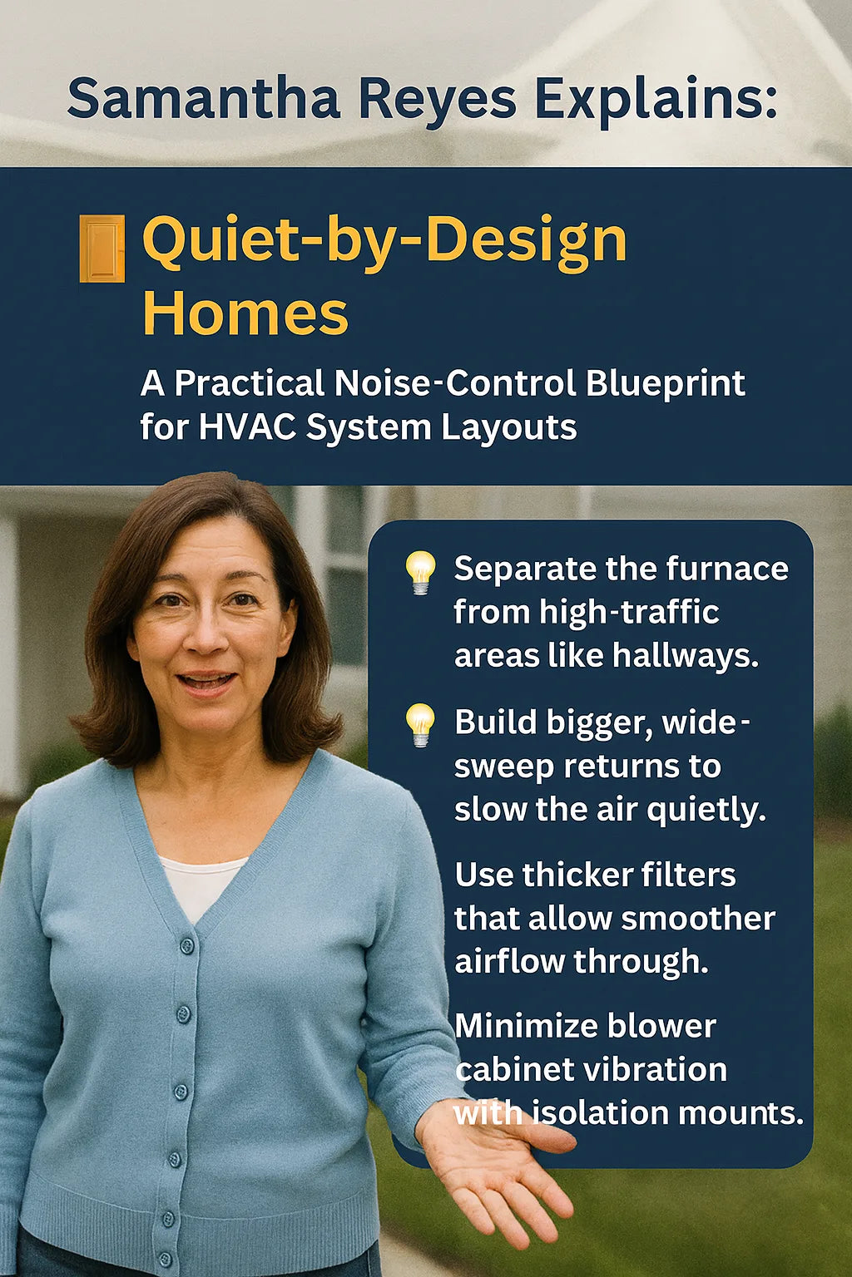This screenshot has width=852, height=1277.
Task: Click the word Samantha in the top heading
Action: [204, 98]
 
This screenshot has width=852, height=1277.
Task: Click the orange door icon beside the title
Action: [102, 248]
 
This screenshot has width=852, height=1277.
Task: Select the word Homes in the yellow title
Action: [245, 313]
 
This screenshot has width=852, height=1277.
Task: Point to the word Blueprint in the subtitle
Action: [665, 383]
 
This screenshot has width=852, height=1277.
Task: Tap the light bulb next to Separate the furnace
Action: [420, 571]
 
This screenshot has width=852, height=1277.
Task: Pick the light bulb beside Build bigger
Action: [420, 724]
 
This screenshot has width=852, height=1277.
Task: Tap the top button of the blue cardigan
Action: [187, 945]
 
